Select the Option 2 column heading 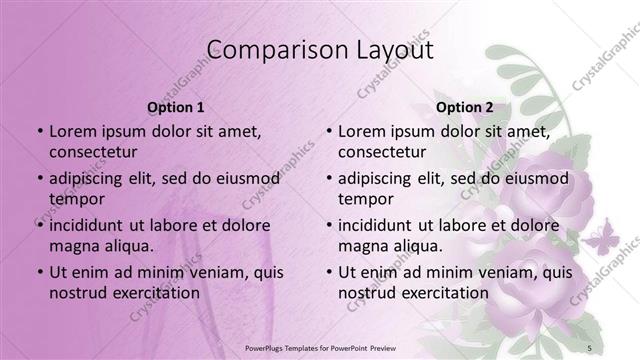coord(465,107)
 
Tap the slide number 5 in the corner coord(590,347)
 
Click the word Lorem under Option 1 coord(73,131)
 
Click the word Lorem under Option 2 coord(362,131)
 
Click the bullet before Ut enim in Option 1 coord(40,272)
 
